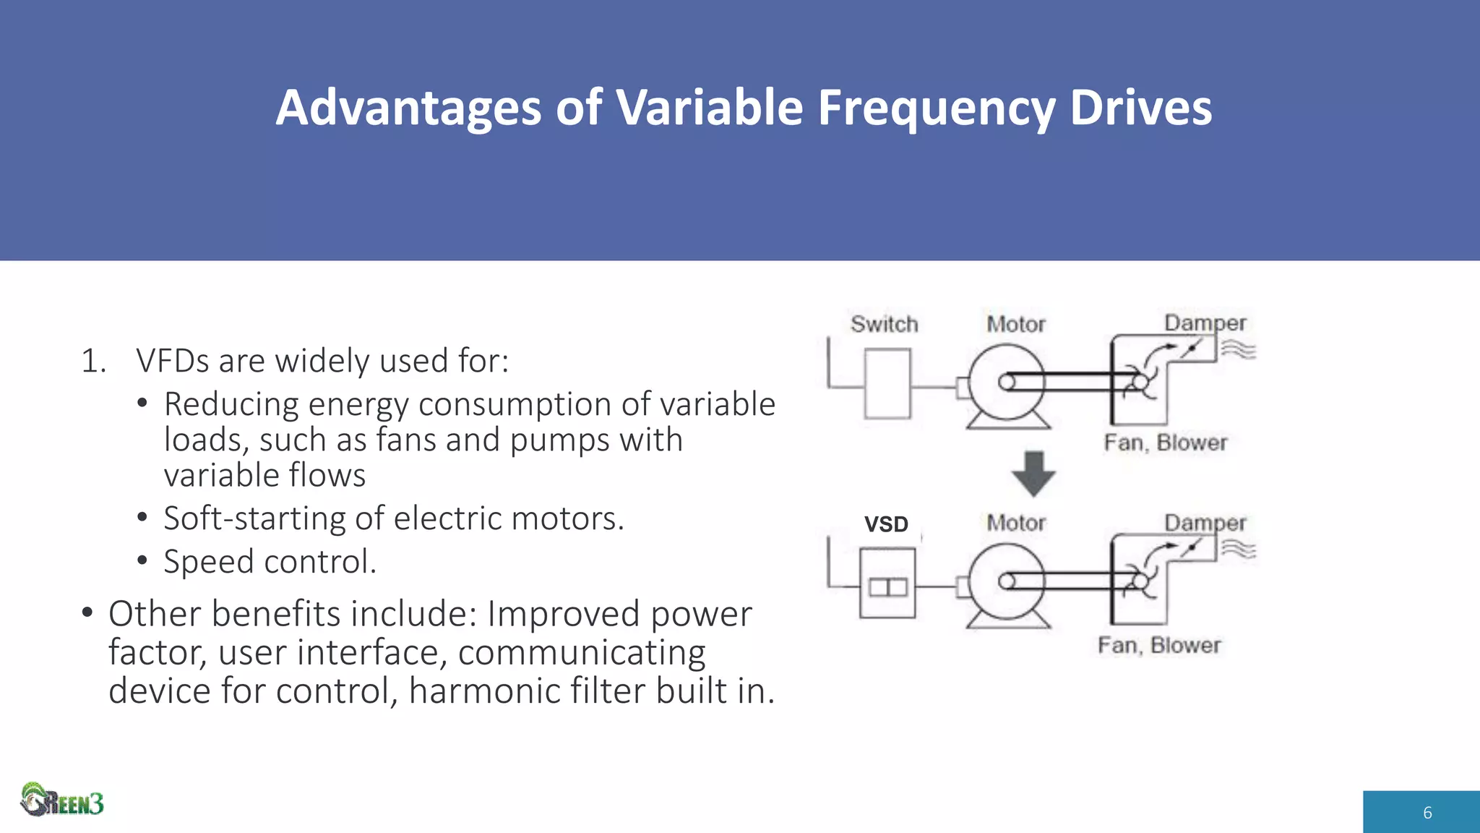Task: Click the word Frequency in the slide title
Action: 936,108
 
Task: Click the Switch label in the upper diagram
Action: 884,324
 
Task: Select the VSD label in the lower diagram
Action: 886,524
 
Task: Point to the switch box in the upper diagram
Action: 887,384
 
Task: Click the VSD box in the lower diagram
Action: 887,584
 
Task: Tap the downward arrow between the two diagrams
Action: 1033,474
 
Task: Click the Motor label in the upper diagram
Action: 1016,324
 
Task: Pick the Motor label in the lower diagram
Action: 1016,523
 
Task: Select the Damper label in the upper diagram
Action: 1205,322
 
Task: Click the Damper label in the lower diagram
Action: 1205,522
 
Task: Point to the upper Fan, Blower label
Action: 1165,443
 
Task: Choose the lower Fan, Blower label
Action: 1159,645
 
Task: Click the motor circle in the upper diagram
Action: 1006,383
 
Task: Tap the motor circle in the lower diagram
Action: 1006,582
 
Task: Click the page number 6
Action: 1427,813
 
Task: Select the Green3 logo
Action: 62,800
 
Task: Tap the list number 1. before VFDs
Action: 93,361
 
